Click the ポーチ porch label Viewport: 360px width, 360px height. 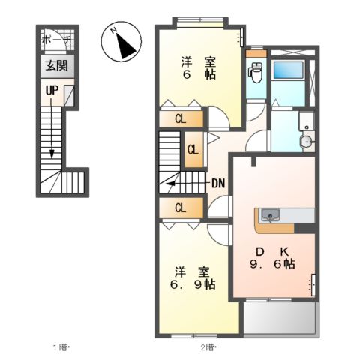[54, 40]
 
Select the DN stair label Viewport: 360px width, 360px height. [219, 182]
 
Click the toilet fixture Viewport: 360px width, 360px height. [255, 74]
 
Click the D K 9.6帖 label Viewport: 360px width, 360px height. [271, 257]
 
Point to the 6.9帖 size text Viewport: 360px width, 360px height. [193, 286]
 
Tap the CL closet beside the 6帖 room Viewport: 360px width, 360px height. [181, 118]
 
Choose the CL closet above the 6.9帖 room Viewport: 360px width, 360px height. [181, 208]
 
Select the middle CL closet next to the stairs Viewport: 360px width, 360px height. [193, 149]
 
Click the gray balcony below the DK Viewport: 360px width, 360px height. [279, 319]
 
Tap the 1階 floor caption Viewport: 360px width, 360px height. [61, 347]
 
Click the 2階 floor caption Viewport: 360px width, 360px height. [208, 347]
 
